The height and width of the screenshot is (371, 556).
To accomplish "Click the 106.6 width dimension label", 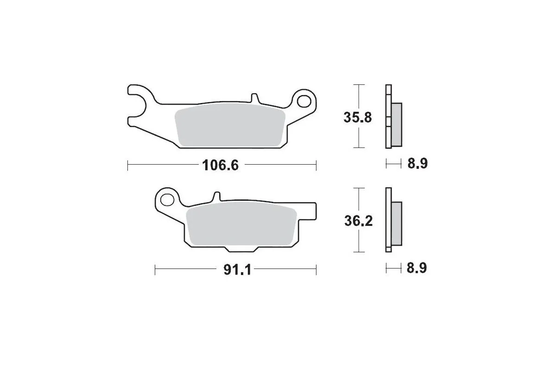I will (221, 165).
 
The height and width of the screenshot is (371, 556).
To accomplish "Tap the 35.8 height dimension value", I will (357, 117).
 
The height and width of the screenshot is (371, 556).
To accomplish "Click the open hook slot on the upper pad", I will (134, 104).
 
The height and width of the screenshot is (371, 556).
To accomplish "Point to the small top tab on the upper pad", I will (254, 98).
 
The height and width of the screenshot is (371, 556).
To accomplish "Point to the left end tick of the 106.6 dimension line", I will (127, 165).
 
